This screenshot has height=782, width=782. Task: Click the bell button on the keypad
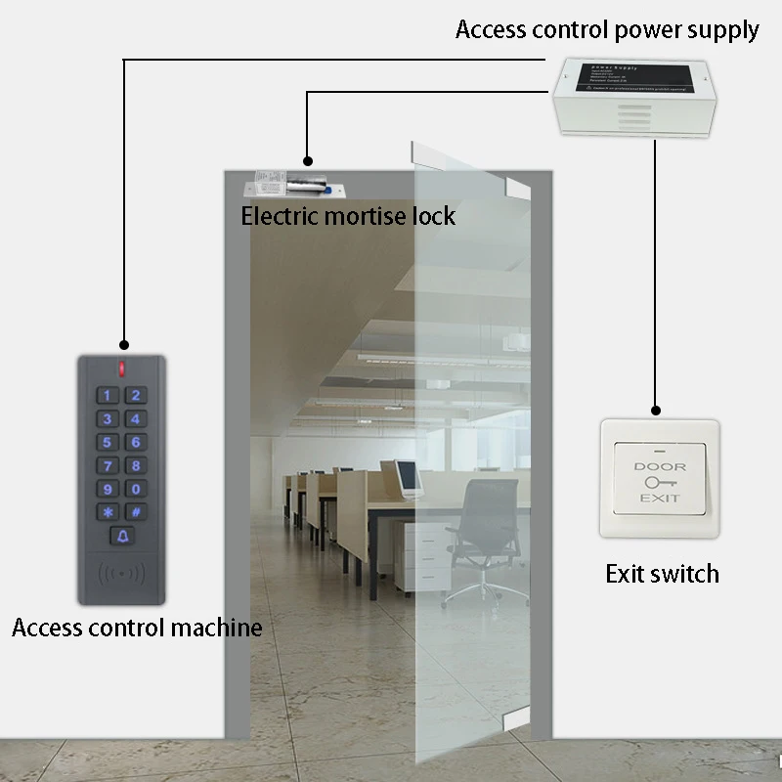tap(123, 536)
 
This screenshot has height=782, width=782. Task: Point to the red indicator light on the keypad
tap(123, 369)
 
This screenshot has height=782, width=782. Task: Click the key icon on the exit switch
tap(659, 482)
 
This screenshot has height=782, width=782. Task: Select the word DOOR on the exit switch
tap(660, 466)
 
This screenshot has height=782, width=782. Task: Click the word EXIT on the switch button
tap(660, 499)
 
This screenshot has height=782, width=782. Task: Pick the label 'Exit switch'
tap(662, 574)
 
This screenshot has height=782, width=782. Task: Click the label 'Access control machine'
tap(137, 628)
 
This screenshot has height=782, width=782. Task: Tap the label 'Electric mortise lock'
tap(348, 215)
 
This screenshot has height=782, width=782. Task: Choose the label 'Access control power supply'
tap(607, 30)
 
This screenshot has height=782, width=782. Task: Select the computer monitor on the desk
tap(409, 476)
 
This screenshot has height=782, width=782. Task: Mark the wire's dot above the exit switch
tap(656, 412)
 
